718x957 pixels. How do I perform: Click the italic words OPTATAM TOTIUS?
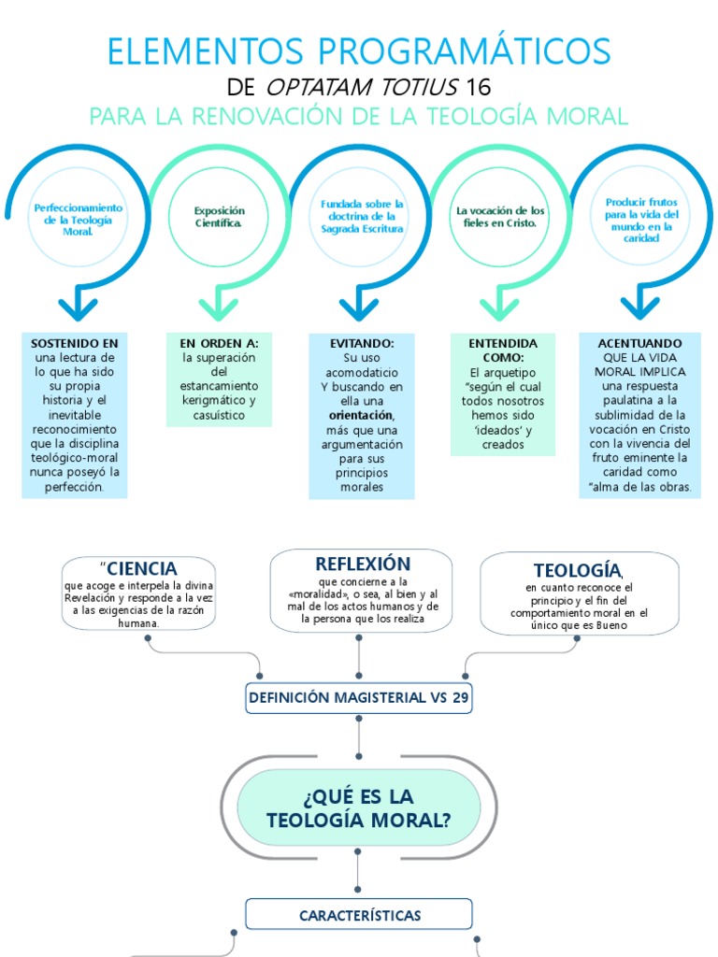362,88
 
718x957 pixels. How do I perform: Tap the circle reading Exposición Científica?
218,218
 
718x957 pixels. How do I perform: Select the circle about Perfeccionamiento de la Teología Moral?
78,218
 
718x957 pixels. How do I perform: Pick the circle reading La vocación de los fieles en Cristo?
500,218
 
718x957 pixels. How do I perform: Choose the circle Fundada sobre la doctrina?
360,217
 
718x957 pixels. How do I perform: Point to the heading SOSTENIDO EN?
75,343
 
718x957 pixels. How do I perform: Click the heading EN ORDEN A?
219,343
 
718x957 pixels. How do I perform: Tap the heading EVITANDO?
361,343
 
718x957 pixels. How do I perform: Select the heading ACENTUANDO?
639,343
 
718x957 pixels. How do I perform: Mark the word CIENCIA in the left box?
142,568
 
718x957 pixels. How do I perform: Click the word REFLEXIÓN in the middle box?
363,564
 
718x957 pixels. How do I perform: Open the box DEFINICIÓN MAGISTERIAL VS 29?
359,697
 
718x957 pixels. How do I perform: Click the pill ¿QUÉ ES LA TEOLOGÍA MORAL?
359,807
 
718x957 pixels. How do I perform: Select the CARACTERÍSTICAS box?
359,915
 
